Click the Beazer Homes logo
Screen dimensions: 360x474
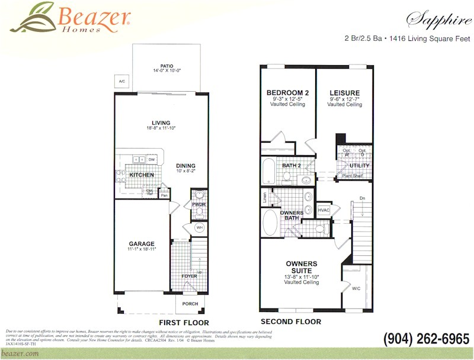pyautogui.click(x=71, y=18)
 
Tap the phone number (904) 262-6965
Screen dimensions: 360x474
pyautogui.click(x=426, y=339)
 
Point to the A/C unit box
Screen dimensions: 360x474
pyautogui.click(x=122, y=81)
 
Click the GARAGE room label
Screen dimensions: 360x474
pyautogui.click(x=142, y=243)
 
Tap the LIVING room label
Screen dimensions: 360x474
pyautogui.click(x=161, y=123)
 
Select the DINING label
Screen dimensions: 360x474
pyautogui.click(x=185, y=166)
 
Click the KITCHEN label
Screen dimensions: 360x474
pyautogui.click(x=142, y=175)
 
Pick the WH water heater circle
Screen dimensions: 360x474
pyautogui.click(x=200, y=227)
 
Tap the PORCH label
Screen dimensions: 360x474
pyautogui.click(x=190, y=304)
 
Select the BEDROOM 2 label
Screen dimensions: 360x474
pyautogui.click(x=287, y=92)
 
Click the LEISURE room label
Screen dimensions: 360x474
pyautogui.click(x=344, y=92)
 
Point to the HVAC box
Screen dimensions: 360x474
pyautogui.click(x=324, y=210)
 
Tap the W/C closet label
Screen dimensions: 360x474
pyautogui.click(x=355, y=288)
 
